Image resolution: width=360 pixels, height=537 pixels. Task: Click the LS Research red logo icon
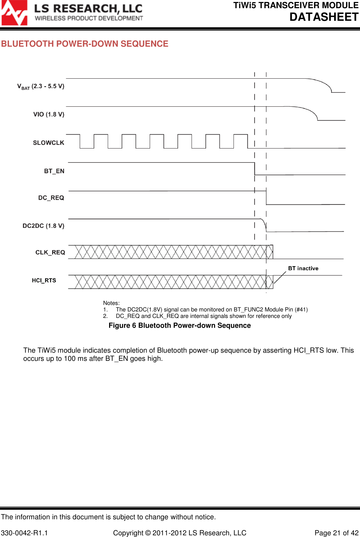click(14, 13)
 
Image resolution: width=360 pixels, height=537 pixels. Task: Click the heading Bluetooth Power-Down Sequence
click(85, 44)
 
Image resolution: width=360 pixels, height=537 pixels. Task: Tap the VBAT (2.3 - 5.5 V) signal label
click(41, 86)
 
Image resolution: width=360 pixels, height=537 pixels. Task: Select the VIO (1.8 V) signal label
click(49, 114)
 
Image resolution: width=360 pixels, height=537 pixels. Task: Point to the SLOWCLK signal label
click(48, 143)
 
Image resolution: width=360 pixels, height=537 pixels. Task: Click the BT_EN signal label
click(54, 171)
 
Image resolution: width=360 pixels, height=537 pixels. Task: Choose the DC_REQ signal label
click(51, 198)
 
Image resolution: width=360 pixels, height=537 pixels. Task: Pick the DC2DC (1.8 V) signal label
click(43, 226)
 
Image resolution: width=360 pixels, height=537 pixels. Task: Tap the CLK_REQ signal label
click(50, 252)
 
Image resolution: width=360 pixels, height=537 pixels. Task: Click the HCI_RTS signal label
click(44, 280)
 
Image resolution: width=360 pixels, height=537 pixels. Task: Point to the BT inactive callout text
click(303, 268)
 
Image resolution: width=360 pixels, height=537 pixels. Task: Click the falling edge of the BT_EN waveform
click(255, 169)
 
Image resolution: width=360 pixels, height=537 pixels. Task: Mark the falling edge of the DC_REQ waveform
click(266, 198)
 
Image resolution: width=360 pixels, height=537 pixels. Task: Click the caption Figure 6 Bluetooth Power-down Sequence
click(180, 325)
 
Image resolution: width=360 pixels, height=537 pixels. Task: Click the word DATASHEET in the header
click(324, 17)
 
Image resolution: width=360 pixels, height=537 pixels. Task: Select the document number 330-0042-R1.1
click(25, 533)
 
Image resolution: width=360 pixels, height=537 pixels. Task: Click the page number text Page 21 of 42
click(336, 533)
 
